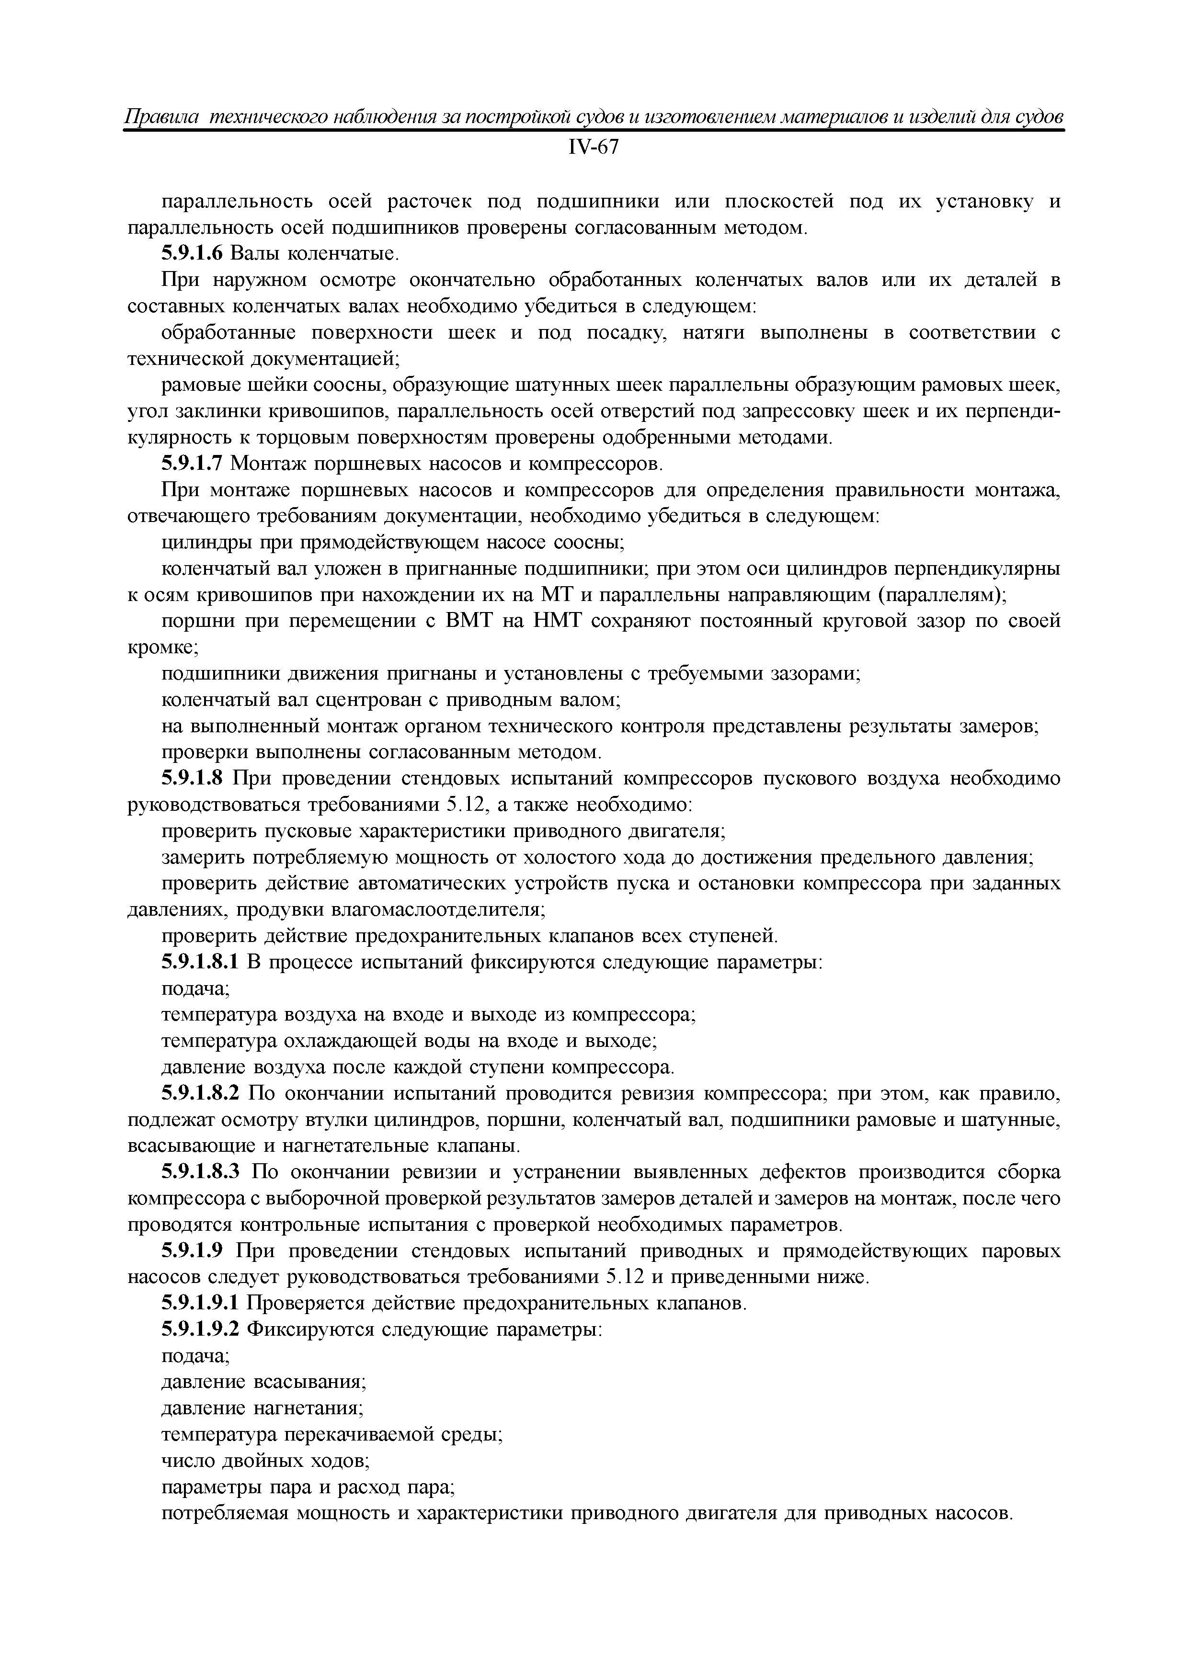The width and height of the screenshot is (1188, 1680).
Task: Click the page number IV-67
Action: (x=593, y=148)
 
